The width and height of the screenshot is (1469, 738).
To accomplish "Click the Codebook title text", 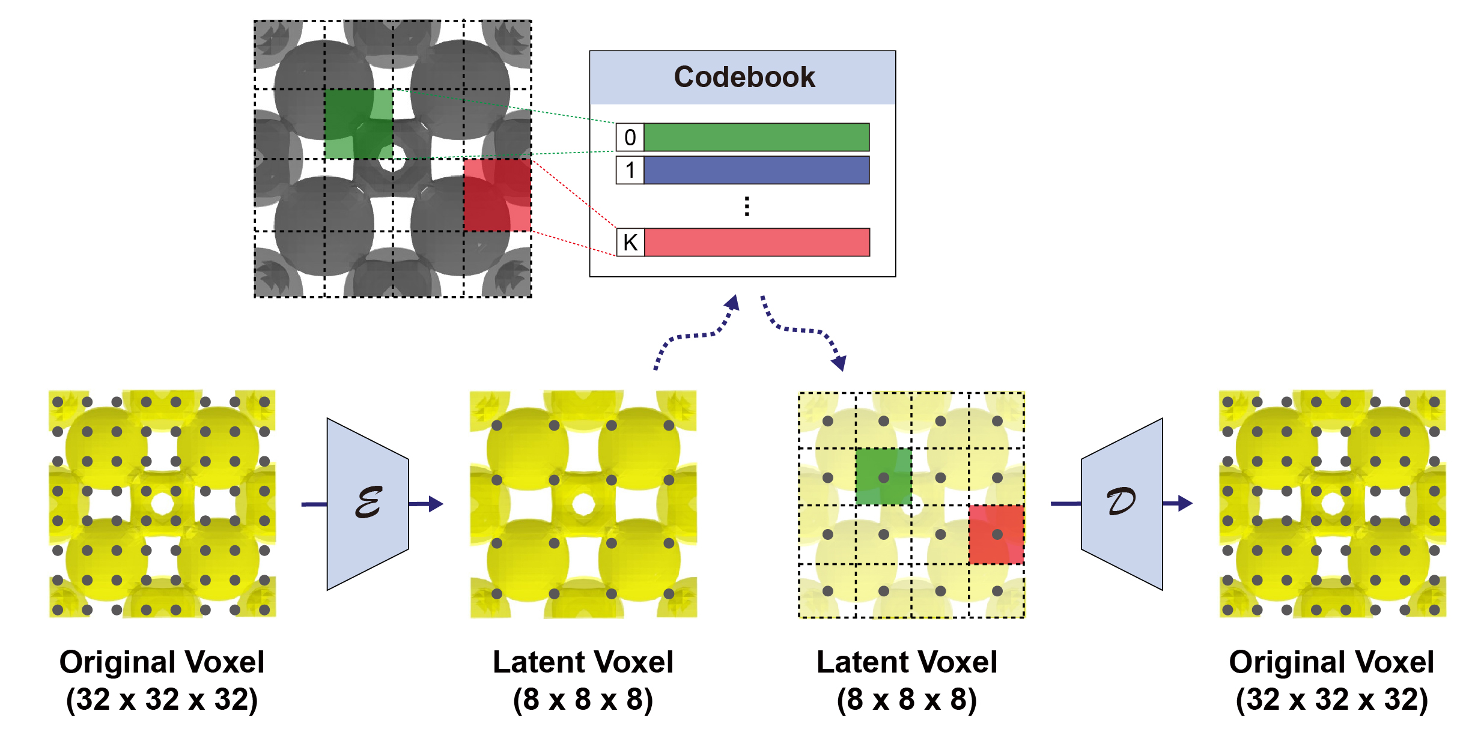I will click(744, 77).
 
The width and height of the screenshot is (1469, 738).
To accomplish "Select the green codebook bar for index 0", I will click(756, 138).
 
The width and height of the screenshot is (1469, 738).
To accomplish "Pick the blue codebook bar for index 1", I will click(756, 171).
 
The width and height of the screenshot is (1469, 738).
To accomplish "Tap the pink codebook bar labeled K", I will click(756, 243).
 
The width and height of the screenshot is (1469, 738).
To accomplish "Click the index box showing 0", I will click(630, 138).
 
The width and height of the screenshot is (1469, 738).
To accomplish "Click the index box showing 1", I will click(630, 171).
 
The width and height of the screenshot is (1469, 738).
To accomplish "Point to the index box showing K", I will click(630, 243).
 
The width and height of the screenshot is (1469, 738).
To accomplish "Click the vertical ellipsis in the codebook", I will click(747, 206).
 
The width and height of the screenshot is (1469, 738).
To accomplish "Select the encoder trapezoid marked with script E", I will click(368, 504).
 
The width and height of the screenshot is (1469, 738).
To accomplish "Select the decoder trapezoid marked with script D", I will click(1121, 504).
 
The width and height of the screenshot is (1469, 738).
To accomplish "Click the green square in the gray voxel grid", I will click(359, 124).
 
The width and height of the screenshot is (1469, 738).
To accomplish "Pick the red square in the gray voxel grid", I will click(497, 195).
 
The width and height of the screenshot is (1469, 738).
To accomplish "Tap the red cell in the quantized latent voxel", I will click(996, 534).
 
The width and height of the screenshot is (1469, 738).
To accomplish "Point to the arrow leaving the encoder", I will click(427, 504).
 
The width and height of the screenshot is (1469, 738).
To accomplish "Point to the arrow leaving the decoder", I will click(1178, 503).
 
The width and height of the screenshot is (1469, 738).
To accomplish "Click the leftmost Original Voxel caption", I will click(162, 662).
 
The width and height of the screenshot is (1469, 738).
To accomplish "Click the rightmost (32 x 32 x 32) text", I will click(1331, 700).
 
